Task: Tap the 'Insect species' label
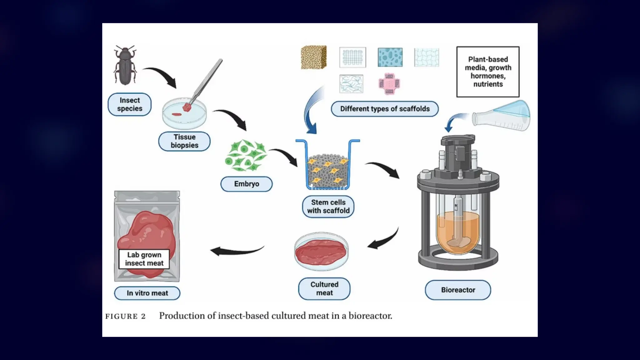point(129,104)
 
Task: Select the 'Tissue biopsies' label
point(184,141)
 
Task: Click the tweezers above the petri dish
point(206,80)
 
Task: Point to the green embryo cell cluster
point(246,156)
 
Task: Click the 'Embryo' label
point(247,184)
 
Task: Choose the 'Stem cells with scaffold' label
point(328,207)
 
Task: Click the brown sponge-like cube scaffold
point(314,57)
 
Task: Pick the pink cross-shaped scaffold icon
point(389,84)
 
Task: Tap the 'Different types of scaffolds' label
point(385,109)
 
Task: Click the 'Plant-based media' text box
point(488,72)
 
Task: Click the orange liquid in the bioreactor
point(458,228)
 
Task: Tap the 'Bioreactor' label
point(458,290)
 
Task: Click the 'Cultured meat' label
point(324,289)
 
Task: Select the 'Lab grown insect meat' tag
point(144,259)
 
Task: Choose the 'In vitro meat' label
point(147,293)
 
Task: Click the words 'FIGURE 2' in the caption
point(126,316)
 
